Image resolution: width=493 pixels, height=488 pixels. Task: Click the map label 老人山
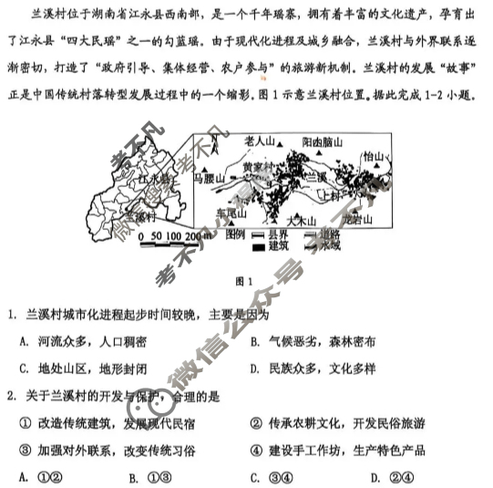point(262,141)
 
